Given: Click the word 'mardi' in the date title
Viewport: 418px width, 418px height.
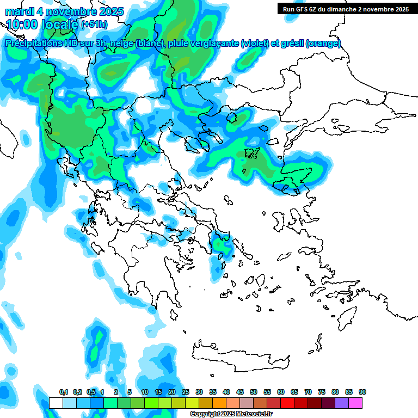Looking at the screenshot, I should (19, 11).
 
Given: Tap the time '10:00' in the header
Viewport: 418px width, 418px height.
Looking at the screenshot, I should (21, 24).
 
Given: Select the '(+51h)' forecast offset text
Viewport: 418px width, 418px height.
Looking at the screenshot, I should (94, 25).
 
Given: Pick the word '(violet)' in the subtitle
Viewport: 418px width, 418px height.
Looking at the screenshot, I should (255, 44).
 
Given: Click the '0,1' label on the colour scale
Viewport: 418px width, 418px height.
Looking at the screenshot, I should (63, 392).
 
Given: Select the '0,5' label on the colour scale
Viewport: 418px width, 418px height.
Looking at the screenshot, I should (90, 392).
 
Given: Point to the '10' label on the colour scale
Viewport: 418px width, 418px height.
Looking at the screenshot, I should (145, 392).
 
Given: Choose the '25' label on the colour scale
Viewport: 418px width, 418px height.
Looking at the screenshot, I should (186, 392).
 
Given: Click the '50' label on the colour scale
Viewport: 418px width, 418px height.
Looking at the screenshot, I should (254, 392).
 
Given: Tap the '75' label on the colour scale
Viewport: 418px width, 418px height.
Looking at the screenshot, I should (322, 392).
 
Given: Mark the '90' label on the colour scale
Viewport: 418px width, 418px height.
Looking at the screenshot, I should (362, 392).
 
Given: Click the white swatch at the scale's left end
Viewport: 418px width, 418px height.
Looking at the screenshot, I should (56, 403).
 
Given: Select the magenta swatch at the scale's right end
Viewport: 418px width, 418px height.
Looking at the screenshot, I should (355, 403).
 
